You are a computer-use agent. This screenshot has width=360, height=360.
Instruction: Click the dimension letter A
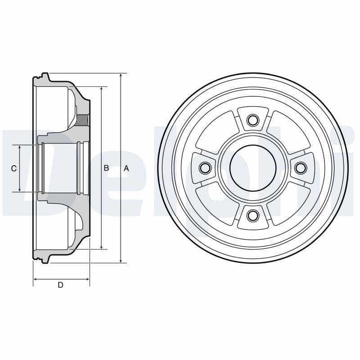(126, 168)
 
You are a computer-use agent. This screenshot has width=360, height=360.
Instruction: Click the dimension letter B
(106, 168)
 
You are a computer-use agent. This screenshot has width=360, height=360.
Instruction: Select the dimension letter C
(14, 168)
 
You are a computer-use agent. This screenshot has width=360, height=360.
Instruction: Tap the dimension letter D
(60, 285)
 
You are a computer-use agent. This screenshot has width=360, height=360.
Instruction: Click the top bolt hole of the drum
(252, 120)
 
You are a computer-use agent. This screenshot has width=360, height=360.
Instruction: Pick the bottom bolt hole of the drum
(252, 216)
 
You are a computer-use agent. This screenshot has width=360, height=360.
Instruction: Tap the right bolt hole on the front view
(301, 168)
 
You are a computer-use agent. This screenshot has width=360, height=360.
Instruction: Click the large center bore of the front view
(252, 168)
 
